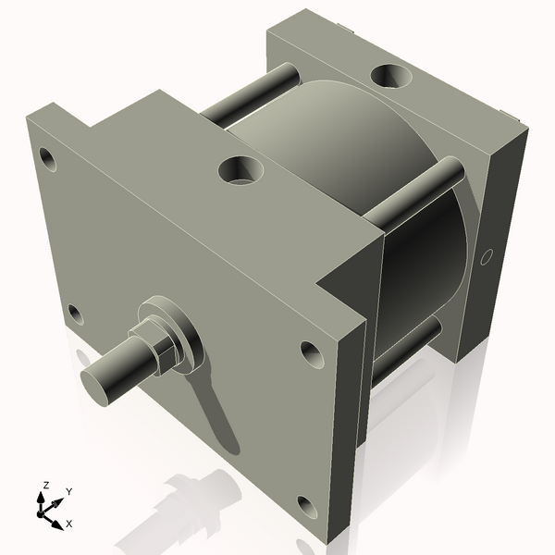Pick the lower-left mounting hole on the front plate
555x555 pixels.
76,315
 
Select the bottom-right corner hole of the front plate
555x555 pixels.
304,505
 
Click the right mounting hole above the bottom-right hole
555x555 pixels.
309,352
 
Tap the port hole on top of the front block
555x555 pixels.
241,170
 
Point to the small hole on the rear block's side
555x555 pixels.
487,257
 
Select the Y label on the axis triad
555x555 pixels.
68,492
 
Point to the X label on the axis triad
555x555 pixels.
68,524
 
